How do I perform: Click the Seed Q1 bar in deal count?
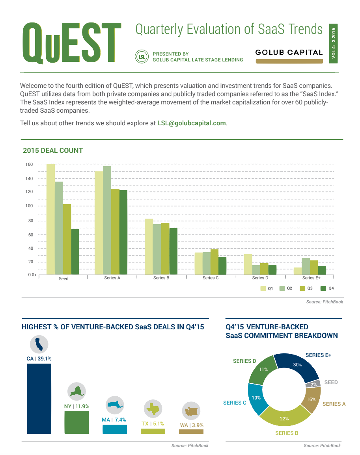[x=50, y=219]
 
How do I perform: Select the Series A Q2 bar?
[x=107, y=220]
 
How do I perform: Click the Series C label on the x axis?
[x=211, y=278]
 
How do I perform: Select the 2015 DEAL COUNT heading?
[x=53, y=150]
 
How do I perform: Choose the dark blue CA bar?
[x=39, y=398]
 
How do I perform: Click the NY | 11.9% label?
[x=76, y=406]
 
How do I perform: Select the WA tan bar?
[x=191, y=431]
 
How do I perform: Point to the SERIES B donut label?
[x=284, y=433]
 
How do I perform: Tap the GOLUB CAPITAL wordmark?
[x=289, y=52]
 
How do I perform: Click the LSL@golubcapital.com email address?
[x=192, y=123]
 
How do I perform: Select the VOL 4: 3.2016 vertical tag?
[x=334, y=43]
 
